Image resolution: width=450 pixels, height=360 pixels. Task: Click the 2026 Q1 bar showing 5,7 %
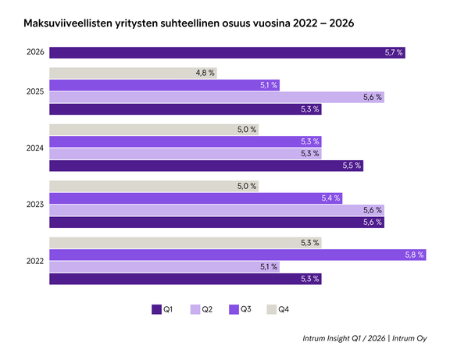coord(227,53)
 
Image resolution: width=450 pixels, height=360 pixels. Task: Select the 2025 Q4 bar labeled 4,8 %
coord(133,73)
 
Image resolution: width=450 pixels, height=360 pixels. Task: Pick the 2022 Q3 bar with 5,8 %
coord(237,255)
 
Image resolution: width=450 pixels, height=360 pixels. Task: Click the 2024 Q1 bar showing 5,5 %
coord(206,166)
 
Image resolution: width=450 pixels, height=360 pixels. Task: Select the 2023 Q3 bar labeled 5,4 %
coord(196,198)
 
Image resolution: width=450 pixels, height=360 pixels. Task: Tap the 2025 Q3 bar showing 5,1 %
coord(164,85)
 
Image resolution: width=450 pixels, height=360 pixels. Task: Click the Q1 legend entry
coord(162,310)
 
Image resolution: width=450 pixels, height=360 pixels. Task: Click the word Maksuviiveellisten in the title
coord(71,25)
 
